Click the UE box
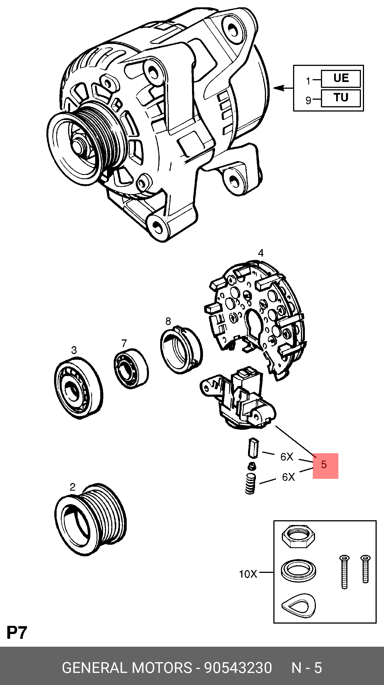[341, 79]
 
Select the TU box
[341, 98]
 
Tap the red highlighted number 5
[325, 466]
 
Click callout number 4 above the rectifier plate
[261, 253]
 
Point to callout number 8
[168, 321]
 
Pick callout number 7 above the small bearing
[124, 343]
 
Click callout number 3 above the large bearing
[74, 350]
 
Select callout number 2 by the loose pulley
[73, 487]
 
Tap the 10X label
[248, 574]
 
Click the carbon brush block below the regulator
[253, 448]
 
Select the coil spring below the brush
[250, 484]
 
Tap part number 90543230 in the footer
[238, 668]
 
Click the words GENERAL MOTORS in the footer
[127, 668]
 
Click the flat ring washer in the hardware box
[298, 570]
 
